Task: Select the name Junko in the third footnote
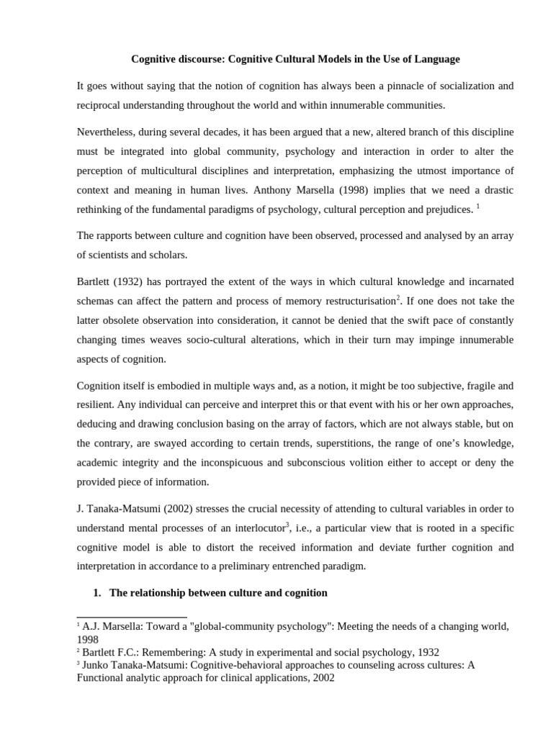coord(99,665)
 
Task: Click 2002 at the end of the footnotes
coord(322,678)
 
